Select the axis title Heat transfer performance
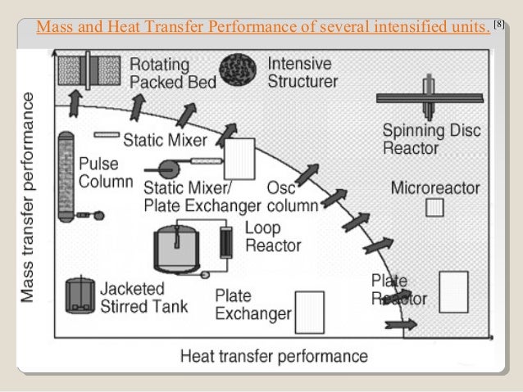click(x=274, y=356)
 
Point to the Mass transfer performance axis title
click(x=29, y=196)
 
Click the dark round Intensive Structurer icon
click(x=239, y=70)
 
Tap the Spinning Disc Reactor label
click(x=425, y=139)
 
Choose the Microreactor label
click(x=434, y=187)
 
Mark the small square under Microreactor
click(x=434, y=208)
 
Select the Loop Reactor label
click(x=273, y=237)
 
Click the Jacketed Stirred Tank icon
click(x=80, y=294)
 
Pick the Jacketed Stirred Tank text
click(x=143, y=297)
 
